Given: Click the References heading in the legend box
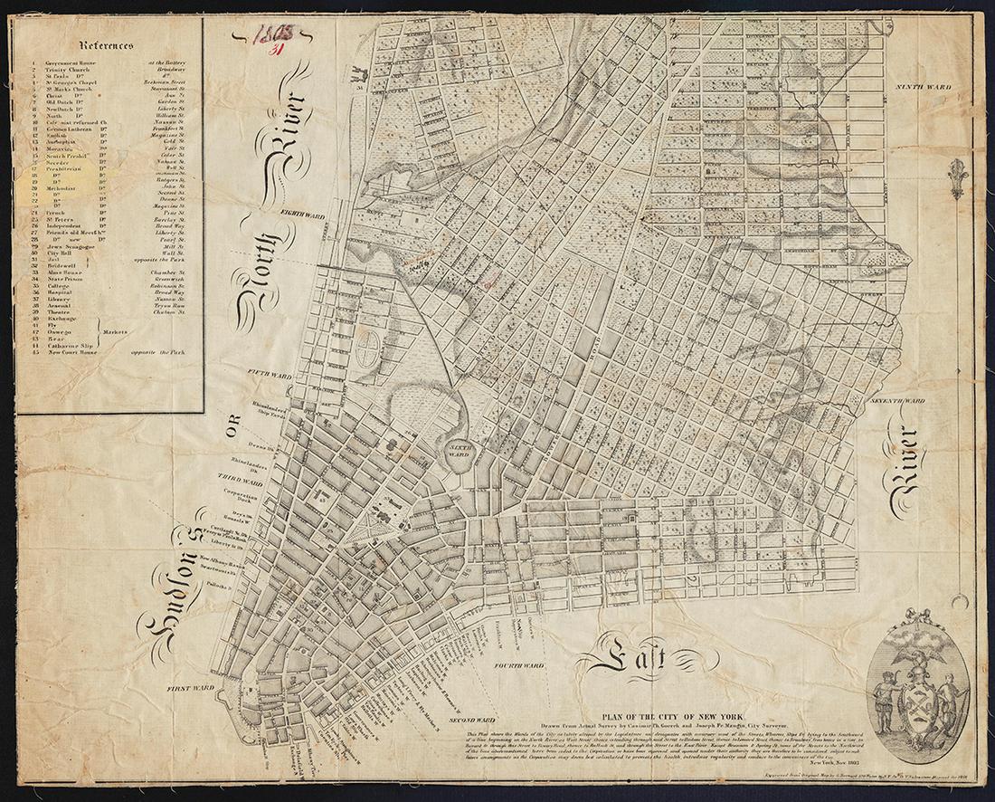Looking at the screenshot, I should (106, 44).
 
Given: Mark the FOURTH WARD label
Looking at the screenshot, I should (518, 665).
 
